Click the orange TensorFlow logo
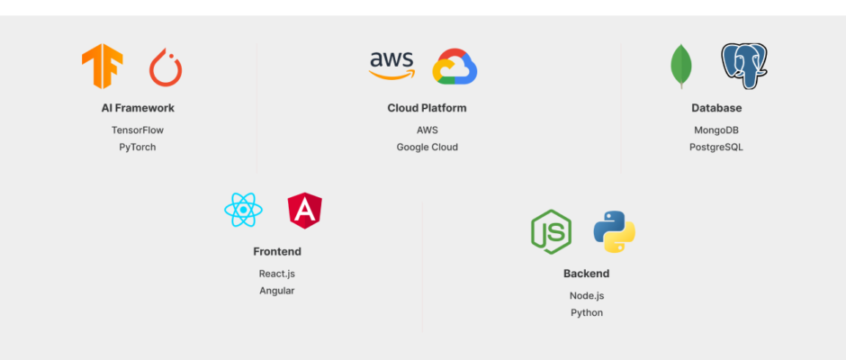click(x=102, y=67)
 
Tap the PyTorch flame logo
click(x=166, y=67)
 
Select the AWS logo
click(x=391, y=66)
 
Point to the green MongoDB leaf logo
click(x=682, y=67)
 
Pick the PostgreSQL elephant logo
click(x=744, y=66)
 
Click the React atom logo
click(x=243, y=211)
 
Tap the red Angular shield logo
click(x=305, y=211)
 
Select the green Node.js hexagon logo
click(x=551, y=232)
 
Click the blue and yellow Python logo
click(x=615, y=232)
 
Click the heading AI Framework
click(x=138, y=108)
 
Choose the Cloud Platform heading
click(x=427, y=108)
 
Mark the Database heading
click(x=716, y=108)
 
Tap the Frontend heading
click(x=277, y=252)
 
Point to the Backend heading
click(x=586, y=274)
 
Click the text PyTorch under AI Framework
click(x=138, y=147)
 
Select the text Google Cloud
click(x=427, y=147)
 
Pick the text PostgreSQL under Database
click(x=716, y=147)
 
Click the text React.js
click(x=277, y=273)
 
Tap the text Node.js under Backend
click(x=586, y=295)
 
